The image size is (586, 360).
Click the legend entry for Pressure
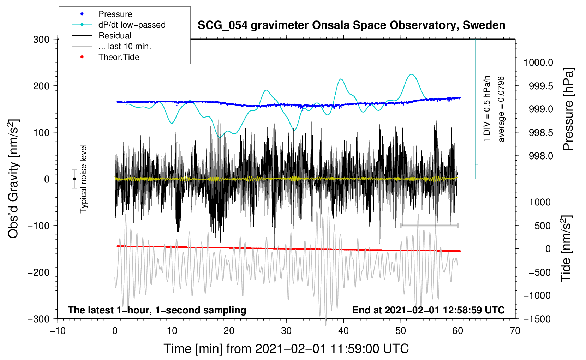(115, 14)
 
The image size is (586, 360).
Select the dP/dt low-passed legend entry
(132, 25)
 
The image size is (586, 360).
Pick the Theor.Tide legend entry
(119, 57)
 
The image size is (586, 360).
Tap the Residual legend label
(115, 36)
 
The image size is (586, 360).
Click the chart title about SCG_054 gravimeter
(351, 25)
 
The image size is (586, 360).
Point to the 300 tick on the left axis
(41, 39)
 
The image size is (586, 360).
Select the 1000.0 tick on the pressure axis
(538, 62)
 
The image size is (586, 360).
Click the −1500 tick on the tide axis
(537, 319)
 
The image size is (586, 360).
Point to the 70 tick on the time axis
(515, 331)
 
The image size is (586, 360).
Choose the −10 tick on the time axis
(58, 331)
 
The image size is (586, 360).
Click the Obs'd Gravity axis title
(13, 179)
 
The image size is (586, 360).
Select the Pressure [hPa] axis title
(568, 109)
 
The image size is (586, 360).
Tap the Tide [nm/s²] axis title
(566, 248)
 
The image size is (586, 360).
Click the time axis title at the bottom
(286, 349)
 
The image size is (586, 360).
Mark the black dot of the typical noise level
(74, 179)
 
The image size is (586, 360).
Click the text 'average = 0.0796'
(501, 109)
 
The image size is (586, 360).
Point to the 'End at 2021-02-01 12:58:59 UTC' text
(428, 310)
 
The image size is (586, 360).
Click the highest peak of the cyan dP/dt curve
(411, 74)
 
